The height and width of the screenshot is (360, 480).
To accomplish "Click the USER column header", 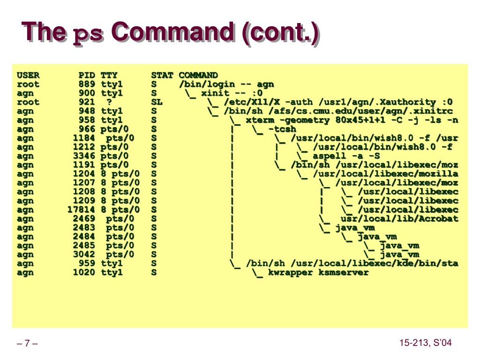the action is point(28,75).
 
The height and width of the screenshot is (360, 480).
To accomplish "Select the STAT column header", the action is point(162,75).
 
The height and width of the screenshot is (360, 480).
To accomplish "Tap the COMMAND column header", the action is point(198,75).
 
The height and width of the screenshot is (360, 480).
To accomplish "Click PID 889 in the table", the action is point(87,84).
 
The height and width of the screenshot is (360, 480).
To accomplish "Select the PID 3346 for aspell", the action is point(84,156).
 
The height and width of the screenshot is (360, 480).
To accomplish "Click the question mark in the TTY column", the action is point(109,102).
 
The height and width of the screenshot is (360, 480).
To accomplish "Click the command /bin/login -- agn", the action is point(226,84).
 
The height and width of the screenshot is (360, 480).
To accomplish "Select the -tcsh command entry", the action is point(282,129).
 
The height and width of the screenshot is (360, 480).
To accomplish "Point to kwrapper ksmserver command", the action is point(318,272).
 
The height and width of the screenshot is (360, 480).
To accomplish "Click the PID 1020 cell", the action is point(84,272).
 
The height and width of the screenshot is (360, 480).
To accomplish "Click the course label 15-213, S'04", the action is point(426,343).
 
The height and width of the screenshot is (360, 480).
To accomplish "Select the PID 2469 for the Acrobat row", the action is point(84,218).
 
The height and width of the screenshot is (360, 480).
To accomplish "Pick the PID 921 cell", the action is point(87,102).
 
